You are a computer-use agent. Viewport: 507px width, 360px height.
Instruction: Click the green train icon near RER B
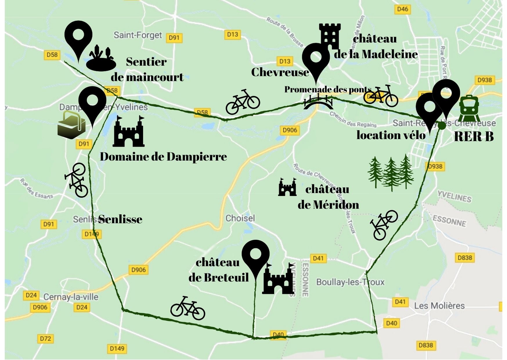point(469,108)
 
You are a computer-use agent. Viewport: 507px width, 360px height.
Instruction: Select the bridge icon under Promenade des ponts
point(318,102)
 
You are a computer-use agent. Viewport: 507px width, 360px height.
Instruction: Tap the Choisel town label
point(240,218)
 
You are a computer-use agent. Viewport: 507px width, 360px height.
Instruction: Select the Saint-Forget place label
point(138,35)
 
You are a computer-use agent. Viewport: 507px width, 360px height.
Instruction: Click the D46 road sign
point(403,9)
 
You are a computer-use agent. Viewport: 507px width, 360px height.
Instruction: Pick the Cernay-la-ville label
point(71,297)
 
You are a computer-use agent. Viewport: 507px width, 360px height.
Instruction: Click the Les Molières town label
point(439,306)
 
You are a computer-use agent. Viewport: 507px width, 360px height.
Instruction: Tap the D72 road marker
point(46,339)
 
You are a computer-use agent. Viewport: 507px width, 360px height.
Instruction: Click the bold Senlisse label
point(120,219)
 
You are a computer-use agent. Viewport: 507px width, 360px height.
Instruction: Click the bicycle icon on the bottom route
point(187,308)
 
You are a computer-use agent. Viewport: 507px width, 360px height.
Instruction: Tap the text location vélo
point(391,135)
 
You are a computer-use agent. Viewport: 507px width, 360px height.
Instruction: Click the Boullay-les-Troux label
point(350,282)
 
